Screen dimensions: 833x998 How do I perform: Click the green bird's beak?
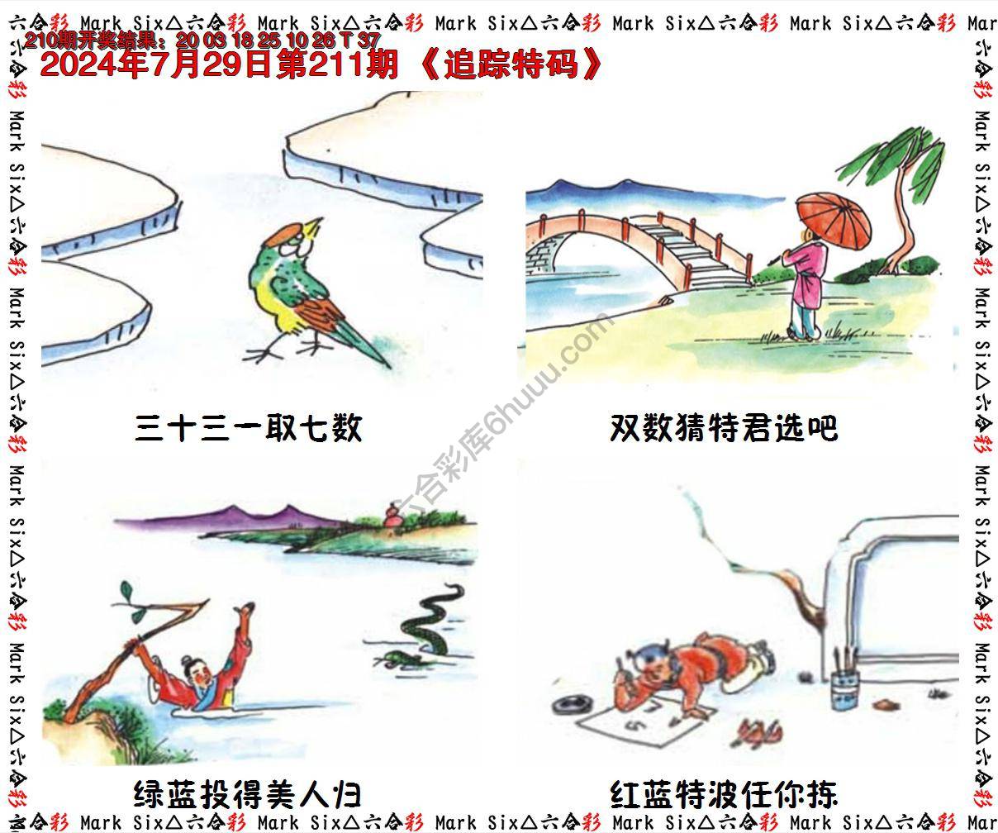(315, 223)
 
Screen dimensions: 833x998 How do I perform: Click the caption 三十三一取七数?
(248, 428)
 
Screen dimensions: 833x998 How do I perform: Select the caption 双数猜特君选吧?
(724, 428)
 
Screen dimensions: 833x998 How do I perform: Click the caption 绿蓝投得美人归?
(248, 795)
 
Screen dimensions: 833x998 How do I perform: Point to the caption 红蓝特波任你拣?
(724, 795)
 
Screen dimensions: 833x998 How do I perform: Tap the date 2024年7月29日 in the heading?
(157, 65)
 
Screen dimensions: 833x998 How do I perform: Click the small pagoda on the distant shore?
(392, 517)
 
